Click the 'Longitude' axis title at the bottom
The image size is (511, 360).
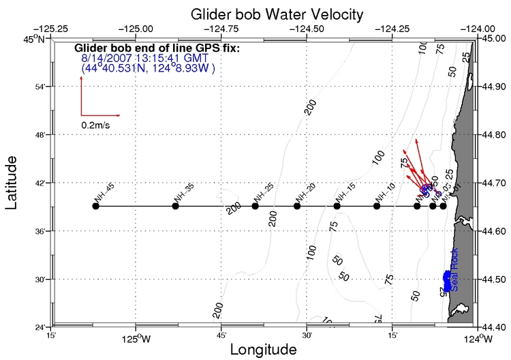263,350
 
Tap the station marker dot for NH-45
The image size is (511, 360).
95,206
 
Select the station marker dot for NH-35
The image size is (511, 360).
175,206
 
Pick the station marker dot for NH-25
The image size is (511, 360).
255,206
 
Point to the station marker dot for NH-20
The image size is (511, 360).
297,206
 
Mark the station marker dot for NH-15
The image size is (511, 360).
337,206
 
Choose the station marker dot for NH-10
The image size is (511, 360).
377,206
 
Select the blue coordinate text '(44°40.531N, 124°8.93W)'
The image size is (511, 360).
148,68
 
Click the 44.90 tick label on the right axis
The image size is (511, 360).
495,87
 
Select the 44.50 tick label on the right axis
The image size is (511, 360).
495,280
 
